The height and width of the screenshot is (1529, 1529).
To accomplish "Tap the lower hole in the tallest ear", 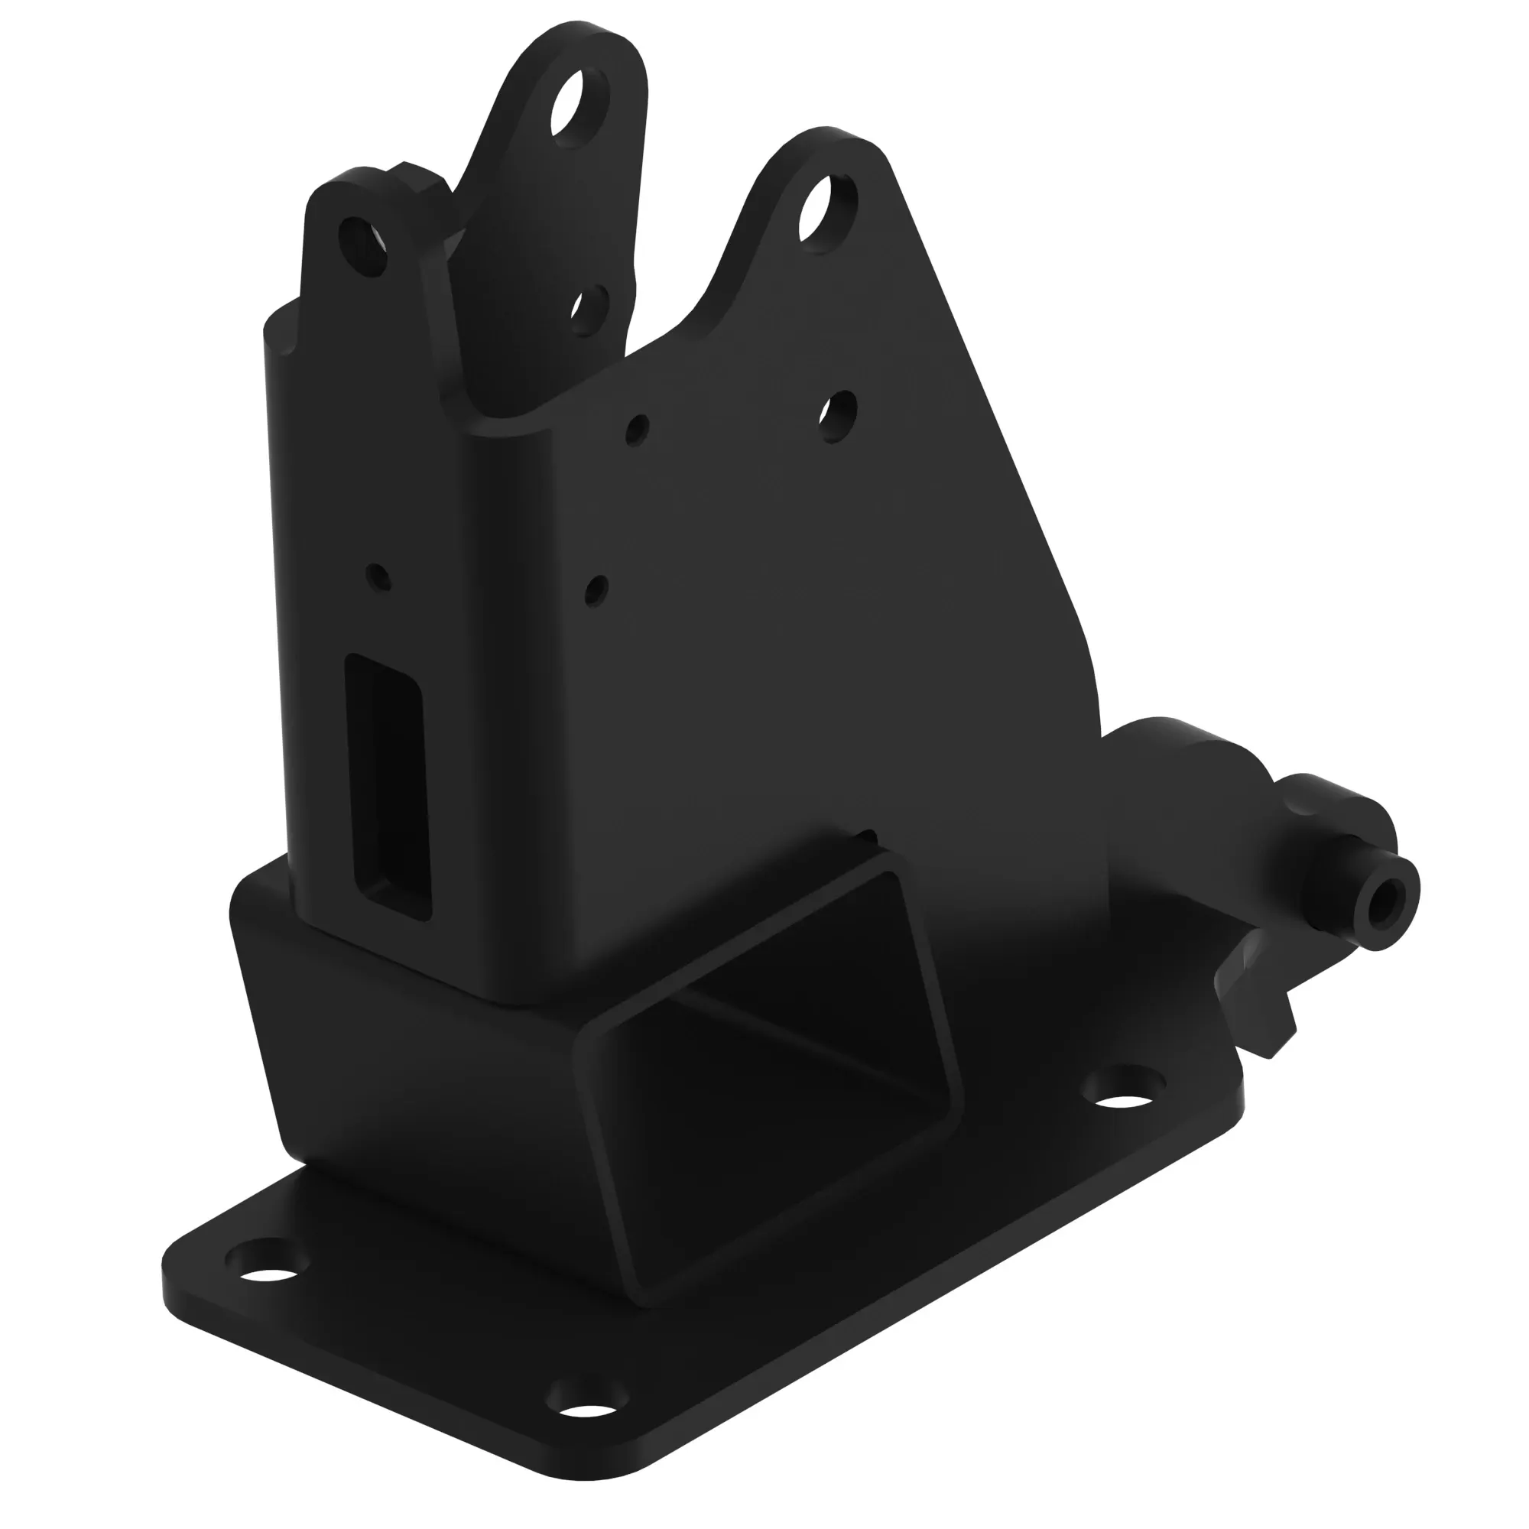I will (590, 310).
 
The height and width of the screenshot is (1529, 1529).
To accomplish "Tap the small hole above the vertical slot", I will (379, 576).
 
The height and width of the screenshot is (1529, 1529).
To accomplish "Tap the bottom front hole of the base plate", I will (589, 1421).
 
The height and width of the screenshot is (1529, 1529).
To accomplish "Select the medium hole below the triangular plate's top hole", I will (837, 415).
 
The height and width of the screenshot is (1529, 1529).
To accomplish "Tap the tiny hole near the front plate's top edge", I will (637, 428).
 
